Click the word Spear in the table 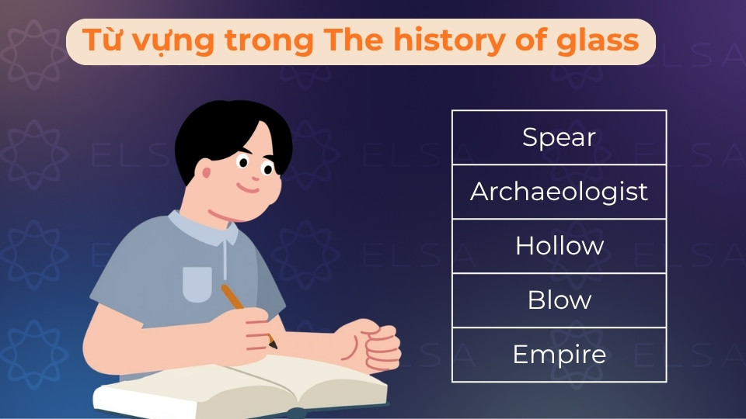(x=559, y=137)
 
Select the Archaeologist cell (x=559, y=192)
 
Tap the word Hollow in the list (x=559, y=246)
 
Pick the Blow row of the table (x=559, y=300)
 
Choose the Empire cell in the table (x=559, y=355)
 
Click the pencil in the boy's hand (x=246, y=313)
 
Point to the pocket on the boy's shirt (x=197, y=284)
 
